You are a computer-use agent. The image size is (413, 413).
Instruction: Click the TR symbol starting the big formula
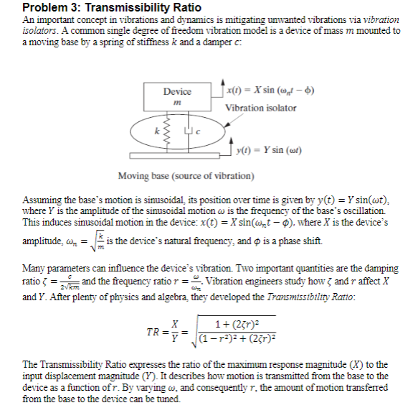coord(153,313)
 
